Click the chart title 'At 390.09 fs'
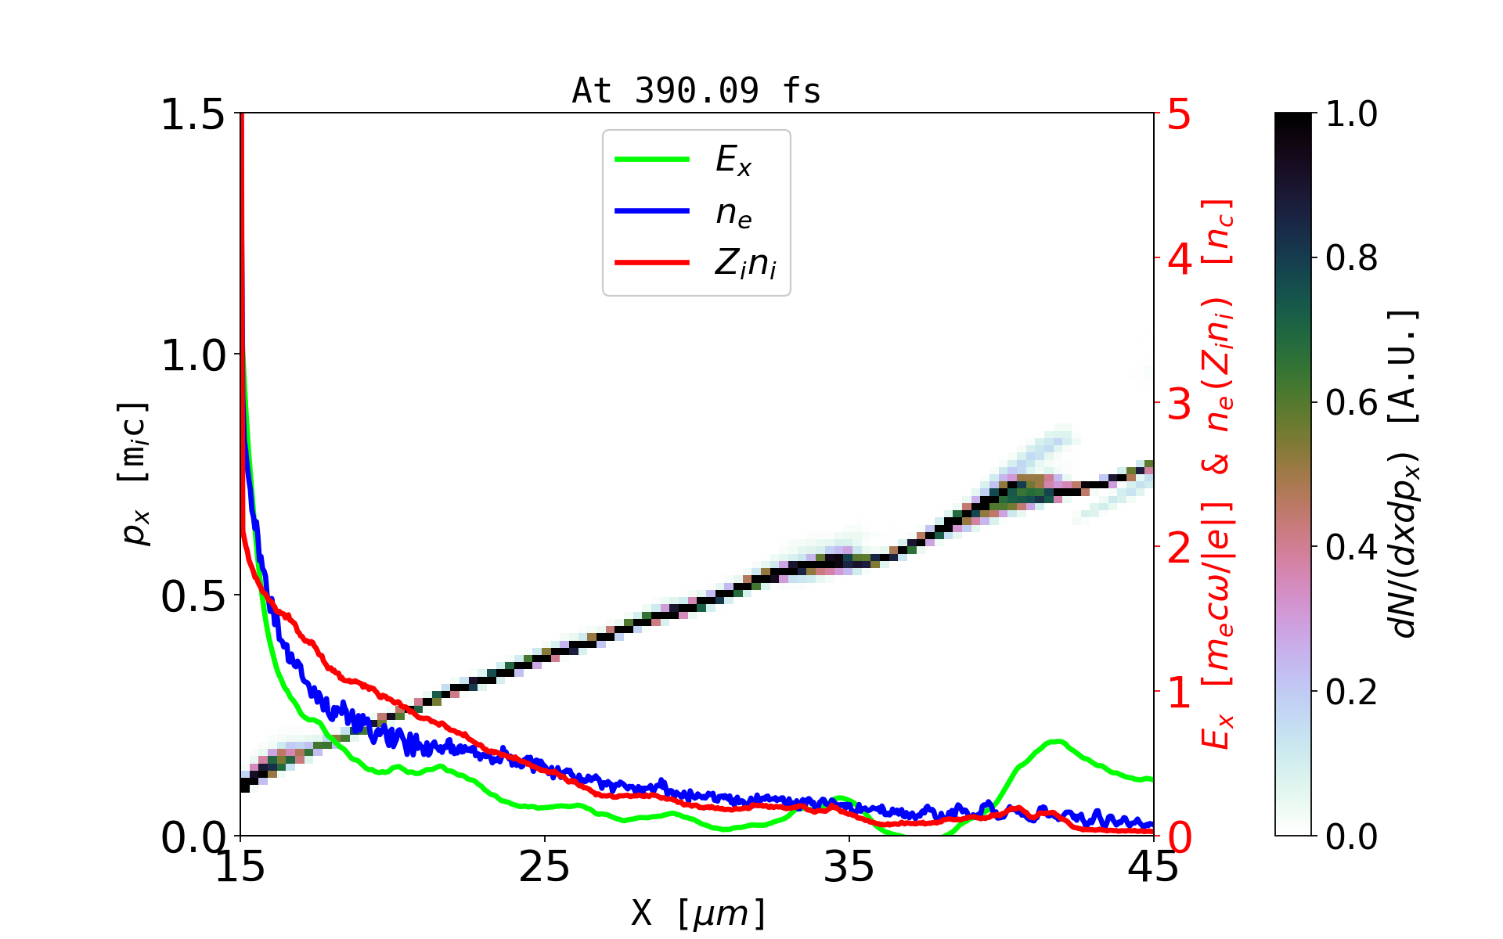pyautogui.click(x=696, y=91)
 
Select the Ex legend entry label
pyautogui.click(x=733, y=160)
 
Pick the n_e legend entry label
pyautogui.click(x=733, y=213)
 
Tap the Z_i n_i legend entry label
pyautogui.click(x=745, y=264)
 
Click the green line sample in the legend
pyautogui.click(x=652, y=160)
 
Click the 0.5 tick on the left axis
pyautogui.click(x=193, y=597)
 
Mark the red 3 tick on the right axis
pyautogui.click(x=1180, y=404)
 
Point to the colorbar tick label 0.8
pyautogui.click(x=1351, y=257)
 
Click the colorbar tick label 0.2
pyautogui.click(x=1351, y=692)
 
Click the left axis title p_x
pyautogui.click(x=135, y=473)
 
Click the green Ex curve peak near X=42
pyautogui.click(x=1057, y=741)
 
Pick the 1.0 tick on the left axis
pyautogui.click(x=193, y=356)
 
